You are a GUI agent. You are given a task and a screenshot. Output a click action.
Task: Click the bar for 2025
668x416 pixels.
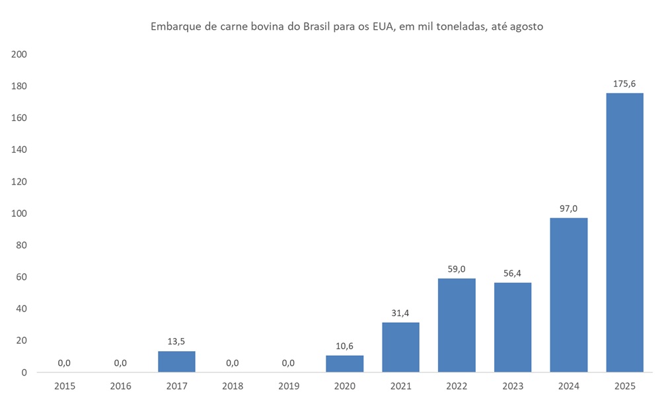(x=624, y=232)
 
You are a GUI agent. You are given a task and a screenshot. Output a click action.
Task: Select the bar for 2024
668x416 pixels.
(x=568, y=295)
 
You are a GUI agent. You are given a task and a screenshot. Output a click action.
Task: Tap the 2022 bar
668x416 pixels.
(x=457, y=325)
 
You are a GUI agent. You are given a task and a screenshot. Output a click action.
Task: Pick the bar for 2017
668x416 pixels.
(x=176, y=361)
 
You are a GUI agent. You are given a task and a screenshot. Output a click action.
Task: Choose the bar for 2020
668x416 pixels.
(x=344, y=363)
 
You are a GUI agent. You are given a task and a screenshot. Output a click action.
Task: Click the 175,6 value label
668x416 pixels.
(x=624, y=84)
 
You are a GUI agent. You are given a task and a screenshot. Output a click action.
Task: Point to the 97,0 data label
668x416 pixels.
(x=568, y=209)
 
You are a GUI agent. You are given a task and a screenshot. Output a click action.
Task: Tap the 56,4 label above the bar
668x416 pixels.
(x=513, y=273)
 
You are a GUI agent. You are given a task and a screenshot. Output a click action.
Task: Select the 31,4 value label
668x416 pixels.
(x=400, y=313)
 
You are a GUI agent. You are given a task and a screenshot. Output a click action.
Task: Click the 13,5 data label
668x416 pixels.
(x=176, y=341)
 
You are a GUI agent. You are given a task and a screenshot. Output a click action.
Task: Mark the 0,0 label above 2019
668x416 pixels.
(x=288, y=362)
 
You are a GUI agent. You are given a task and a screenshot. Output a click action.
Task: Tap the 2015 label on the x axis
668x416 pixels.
(x=65, y=386)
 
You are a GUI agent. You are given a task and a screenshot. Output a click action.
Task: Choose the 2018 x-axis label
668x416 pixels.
(x=233, y=386)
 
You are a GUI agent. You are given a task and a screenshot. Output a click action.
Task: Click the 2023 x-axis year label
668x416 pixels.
(x=513, y=386)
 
